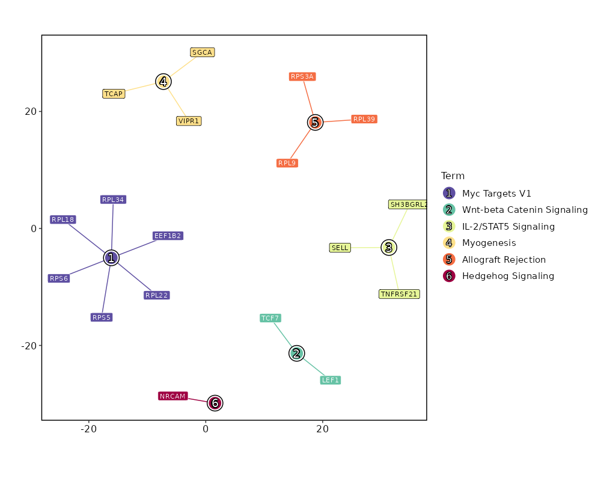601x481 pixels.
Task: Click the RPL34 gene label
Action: [113, 200]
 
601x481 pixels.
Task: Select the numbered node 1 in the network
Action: [111, 258]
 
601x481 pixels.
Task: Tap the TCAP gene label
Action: [114, 94]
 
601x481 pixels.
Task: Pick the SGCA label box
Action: [203, 52]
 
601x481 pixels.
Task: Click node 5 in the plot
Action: [315, 123]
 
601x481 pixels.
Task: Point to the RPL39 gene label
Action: [364, 119]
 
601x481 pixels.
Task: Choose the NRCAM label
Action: [173, 396]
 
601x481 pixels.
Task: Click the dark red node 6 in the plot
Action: [215, 403]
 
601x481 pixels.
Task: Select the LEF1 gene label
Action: [331, 380]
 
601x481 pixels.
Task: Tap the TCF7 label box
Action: [270, 318]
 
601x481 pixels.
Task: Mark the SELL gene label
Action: [340, 248]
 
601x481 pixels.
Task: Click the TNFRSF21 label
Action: [399, 294]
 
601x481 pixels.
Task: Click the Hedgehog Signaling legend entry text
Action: [508, 276]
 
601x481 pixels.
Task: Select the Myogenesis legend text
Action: [489, 243]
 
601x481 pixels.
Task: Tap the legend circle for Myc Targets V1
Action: [448, 194]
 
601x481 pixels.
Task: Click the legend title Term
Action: [453, 176]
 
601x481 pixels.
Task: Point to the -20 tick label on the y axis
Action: [29, 346]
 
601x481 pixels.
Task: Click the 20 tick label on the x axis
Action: [323, 429]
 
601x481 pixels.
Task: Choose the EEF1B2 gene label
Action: [168, 236]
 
